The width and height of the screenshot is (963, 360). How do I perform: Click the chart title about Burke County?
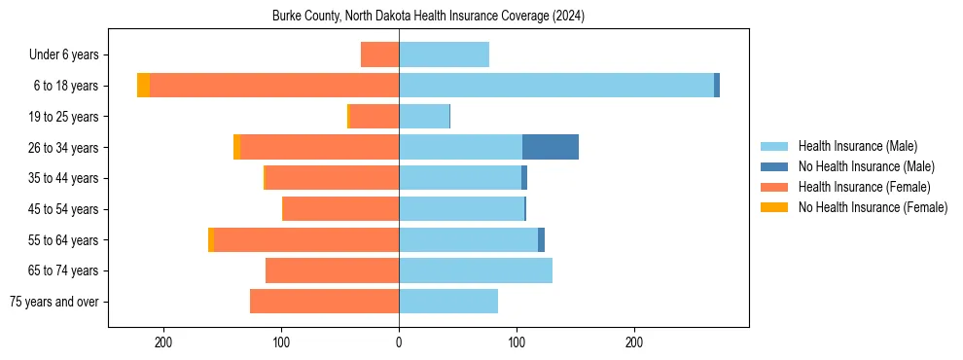pos(428,16)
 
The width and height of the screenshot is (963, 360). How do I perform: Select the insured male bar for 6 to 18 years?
pos(555,86)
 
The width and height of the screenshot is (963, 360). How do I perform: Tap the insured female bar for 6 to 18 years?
pos(274,86)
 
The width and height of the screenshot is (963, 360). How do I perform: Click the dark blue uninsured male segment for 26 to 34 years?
pos(551,147)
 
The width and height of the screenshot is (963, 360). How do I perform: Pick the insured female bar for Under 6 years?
pos(379,54)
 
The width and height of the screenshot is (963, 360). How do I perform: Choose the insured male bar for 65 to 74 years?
pos(476,270)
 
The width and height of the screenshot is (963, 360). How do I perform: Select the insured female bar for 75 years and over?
pos(324,302)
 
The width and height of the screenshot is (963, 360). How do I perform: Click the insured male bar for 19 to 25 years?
pos(424,117)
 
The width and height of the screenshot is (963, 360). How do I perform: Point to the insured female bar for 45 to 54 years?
pos(340,209)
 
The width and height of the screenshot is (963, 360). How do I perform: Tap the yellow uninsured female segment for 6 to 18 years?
pos(143,86)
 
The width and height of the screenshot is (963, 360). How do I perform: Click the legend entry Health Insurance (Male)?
pos(857,146)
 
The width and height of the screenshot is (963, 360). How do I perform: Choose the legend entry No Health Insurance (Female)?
pos(872,207)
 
